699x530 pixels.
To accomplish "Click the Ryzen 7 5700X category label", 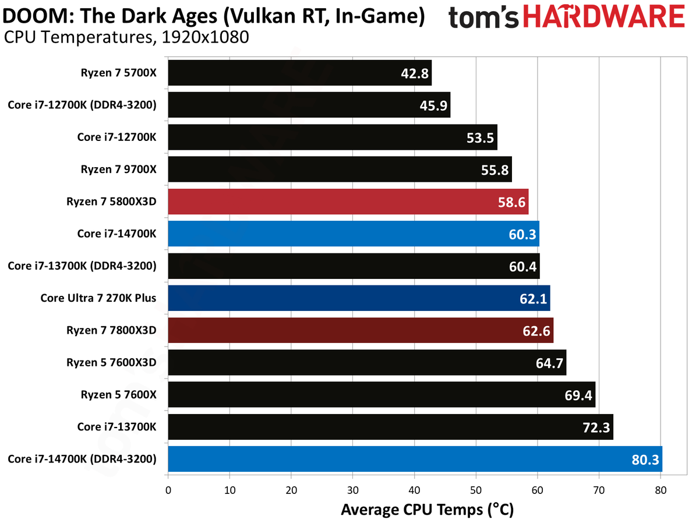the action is tap(118, 72).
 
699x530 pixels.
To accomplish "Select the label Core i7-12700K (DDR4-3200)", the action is tap(82, 104).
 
